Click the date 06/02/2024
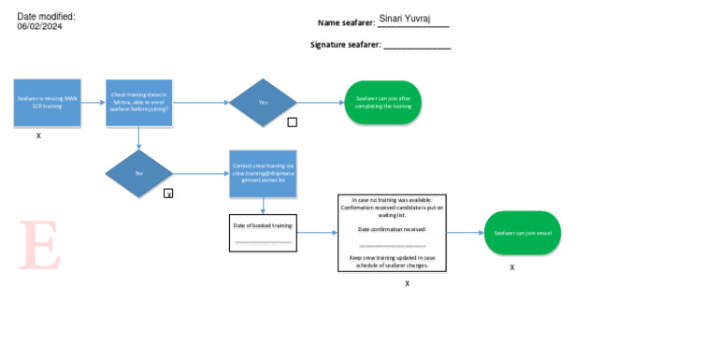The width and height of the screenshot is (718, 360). pyautogui.click(x=39, y=27)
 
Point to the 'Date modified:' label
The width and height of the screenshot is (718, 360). pyautogui.click(x=46, y=16)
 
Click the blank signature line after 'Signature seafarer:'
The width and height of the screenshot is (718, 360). pyautogui.click(x=417, y=46)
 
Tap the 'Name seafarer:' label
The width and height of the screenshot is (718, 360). pyautogui.click(x=346, y=22)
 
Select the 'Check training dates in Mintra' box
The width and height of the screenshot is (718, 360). pyautogui.click(x=138, y=103)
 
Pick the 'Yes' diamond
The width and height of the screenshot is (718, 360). pyautogui.click(x=263, y=102)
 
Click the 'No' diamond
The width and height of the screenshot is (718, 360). pyautogui.click(x=139, y=173)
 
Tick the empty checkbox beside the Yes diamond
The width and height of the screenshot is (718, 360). pyautogui.click(x=292, y=122)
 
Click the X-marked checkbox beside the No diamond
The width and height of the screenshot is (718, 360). pyautogui.click(x=168, y=194)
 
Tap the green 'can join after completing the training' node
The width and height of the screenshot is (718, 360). pyautogui.click(x=383, y=103)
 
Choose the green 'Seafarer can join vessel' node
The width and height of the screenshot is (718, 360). pyautogui.click(x=522, y=233)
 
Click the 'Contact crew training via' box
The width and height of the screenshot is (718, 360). pyautogui.click(x=263, y=173)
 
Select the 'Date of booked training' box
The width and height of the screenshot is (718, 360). pyautogui.click(x=263, y=233)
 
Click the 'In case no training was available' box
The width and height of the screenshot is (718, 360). pyautogui.click(x=392, y=233)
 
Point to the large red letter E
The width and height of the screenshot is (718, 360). pyautogui.click(x=39, y=246)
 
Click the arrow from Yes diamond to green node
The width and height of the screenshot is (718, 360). pyautogui.click(x=320, y=103)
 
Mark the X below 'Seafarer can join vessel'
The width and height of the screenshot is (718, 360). pyautogui.click(x=512, y=267)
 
